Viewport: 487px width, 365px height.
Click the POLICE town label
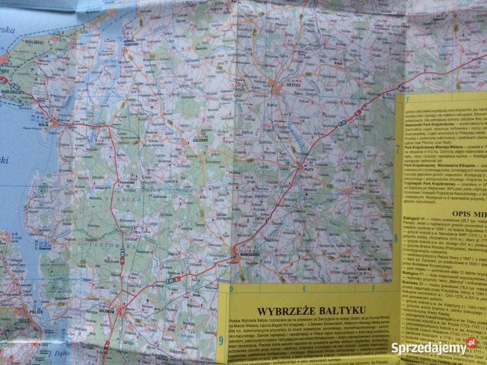coord(36,312)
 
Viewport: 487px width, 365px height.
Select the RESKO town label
coord(359,188)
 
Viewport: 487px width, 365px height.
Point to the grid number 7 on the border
coord(397,150)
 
